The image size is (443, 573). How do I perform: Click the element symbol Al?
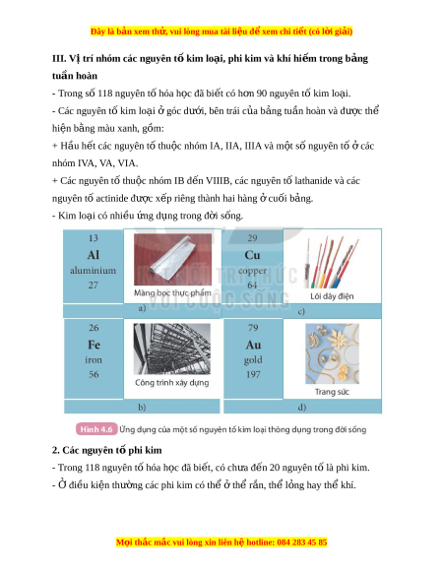click(x=94, y=255)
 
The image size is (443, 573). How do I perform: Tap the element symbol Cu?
click(x=252, y=255)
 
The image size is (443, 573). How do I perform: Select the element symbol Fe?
click(x=94, y=345)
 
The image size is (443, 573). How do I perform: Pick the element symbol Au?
click(x=253, y=345)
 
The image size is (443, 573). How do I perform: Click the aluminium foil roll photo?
click(x=172, y=259)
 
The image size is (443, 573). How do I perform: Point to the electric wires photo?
click(x=332, y=262)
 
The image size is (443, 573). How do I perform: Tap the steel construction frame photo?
click(x=172, y=349)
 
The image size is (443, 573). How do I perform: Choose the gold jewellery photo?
click(x=333, y=353)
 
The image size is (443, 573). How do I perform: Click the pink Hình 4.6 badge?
click(x=96, y=429)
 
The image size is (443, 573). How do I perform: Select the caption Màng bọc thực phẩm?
click(x=172, y=292)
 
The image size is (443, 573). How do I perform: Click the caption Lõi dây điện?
click(x=333, y=296)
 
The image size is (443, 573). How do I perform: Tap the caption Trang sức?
click(x=332, y=392)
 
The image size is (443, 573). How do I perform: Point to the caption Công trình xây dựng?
click(x=172, y=383)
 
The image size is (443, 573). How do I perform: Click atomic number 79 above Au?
click(x=253, y=328)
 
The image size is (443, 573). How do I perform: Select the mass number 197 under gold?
click(x=253, y=374)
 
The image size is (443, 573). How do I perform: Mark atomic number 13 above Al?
click(x=94, y=238)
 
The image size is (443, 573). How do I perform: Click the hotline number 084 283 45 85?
click(x=302, y=541)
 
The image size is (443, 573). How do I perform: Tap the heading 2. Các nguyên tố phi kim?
click(x=106, y=450)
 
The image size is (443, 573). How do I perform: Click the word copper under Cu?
click(x=252, y=271)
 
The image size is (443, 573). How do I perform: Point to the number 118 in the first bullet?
click(x=105, y=94)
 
